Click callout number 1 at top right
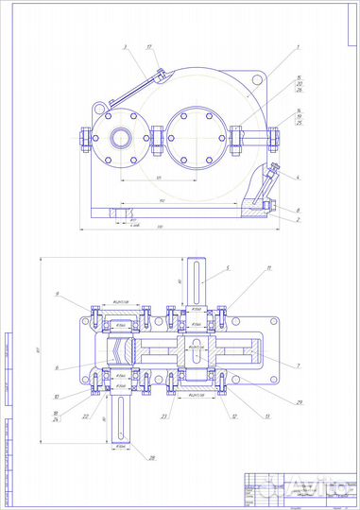click(297, 46)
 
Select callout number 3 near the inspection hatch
click(124, 46)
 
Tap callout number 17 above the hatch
click(149, 46)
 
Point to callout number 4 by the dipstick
click(297, 177)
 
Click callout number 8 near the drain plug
click(298, 210)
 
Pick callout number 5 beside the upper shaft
click(228, 268)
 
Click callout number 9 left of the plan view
click(57, 296)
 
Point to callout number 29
click(299, 403)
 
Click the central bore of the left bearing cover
click(120, 138)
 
